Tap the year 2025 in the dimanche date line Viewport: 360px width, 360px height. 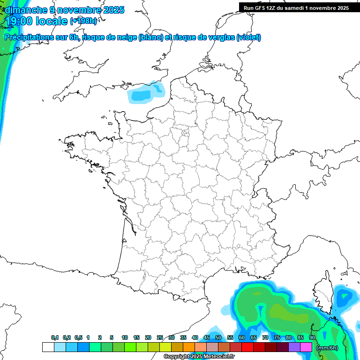(x=112, y=10)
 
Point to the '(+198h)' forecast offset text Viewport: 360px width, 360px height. (x=83, y=21)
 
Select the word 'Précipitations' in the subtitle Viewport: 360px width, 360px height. (x=28, y=37)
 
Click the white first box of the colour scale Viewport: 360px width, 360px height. (x=48, y=347)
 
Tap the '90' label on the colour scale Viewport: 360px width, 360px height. (x=312, y=338)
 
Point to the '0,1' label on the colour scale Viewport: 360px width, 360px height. (x=55, y=338)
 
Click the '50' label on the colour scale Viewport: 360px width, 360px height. (x=218, y=338)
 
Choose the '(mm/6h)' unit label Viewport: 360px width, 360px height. (x=327, y=348)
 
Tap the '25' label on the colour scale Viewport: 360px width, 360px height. (x=160, y=338)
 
